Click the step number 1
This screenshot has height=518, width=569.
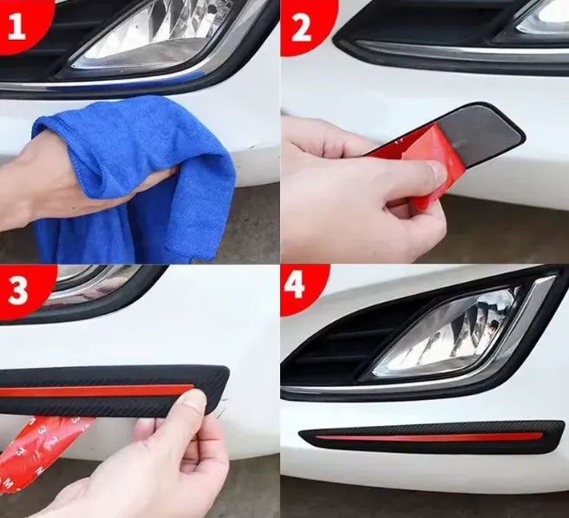[16, 27]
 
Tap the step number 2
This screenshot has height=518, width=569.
[301, 28]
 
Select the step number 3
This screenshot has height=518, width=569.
[17, 291]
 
